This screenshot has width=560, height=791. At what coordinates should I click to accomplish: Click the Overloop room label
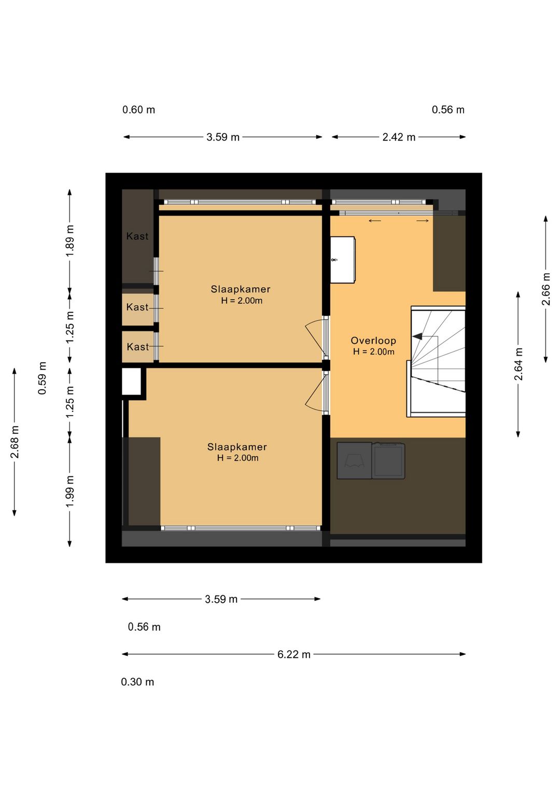click(373, 341)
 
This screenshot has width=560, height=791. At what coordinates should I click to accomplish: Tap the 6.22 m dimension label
click(293, 654)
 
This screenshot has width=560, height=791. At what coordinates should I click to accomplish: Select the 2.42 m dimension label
click(399, 137)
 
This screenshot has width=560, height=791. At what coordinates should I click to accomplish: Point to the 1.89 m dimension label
click(70, 241)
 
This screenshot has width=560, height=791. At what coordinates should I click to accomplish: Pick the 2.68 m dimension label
click(15, 442)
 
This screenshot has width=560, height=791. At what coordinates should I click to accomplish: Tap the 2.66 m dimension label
click(546, 289)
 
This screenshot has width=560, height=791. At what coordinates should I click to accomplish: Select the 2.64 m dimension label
click(519, 364)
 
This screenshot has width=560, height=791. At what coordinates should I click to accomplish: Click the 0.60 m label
click(138, 110)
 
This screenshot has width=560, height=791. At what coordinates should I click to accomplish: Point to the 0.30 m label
click(137, 682)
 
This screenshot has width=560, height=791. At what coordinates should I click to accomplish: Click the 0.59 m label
click(42, 378)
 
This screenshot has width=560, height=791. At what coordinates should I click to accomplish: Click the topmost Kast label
click(137, 236)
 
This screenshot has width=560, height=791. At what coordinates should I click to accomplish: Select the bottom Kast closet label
click(138, 347)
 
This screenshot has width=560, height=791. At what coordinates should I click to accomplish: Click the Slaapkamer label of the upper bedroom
click(241, 289)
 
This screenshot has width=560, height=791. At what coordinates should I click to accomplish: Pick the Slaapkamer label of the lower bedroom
click(237, 447)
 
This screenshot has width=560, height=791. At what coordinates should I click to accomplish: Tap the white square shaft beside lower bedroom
click(131, 382)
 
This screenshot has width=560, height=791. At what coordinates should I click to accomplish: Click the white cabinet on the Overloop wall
click(342, 260)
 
